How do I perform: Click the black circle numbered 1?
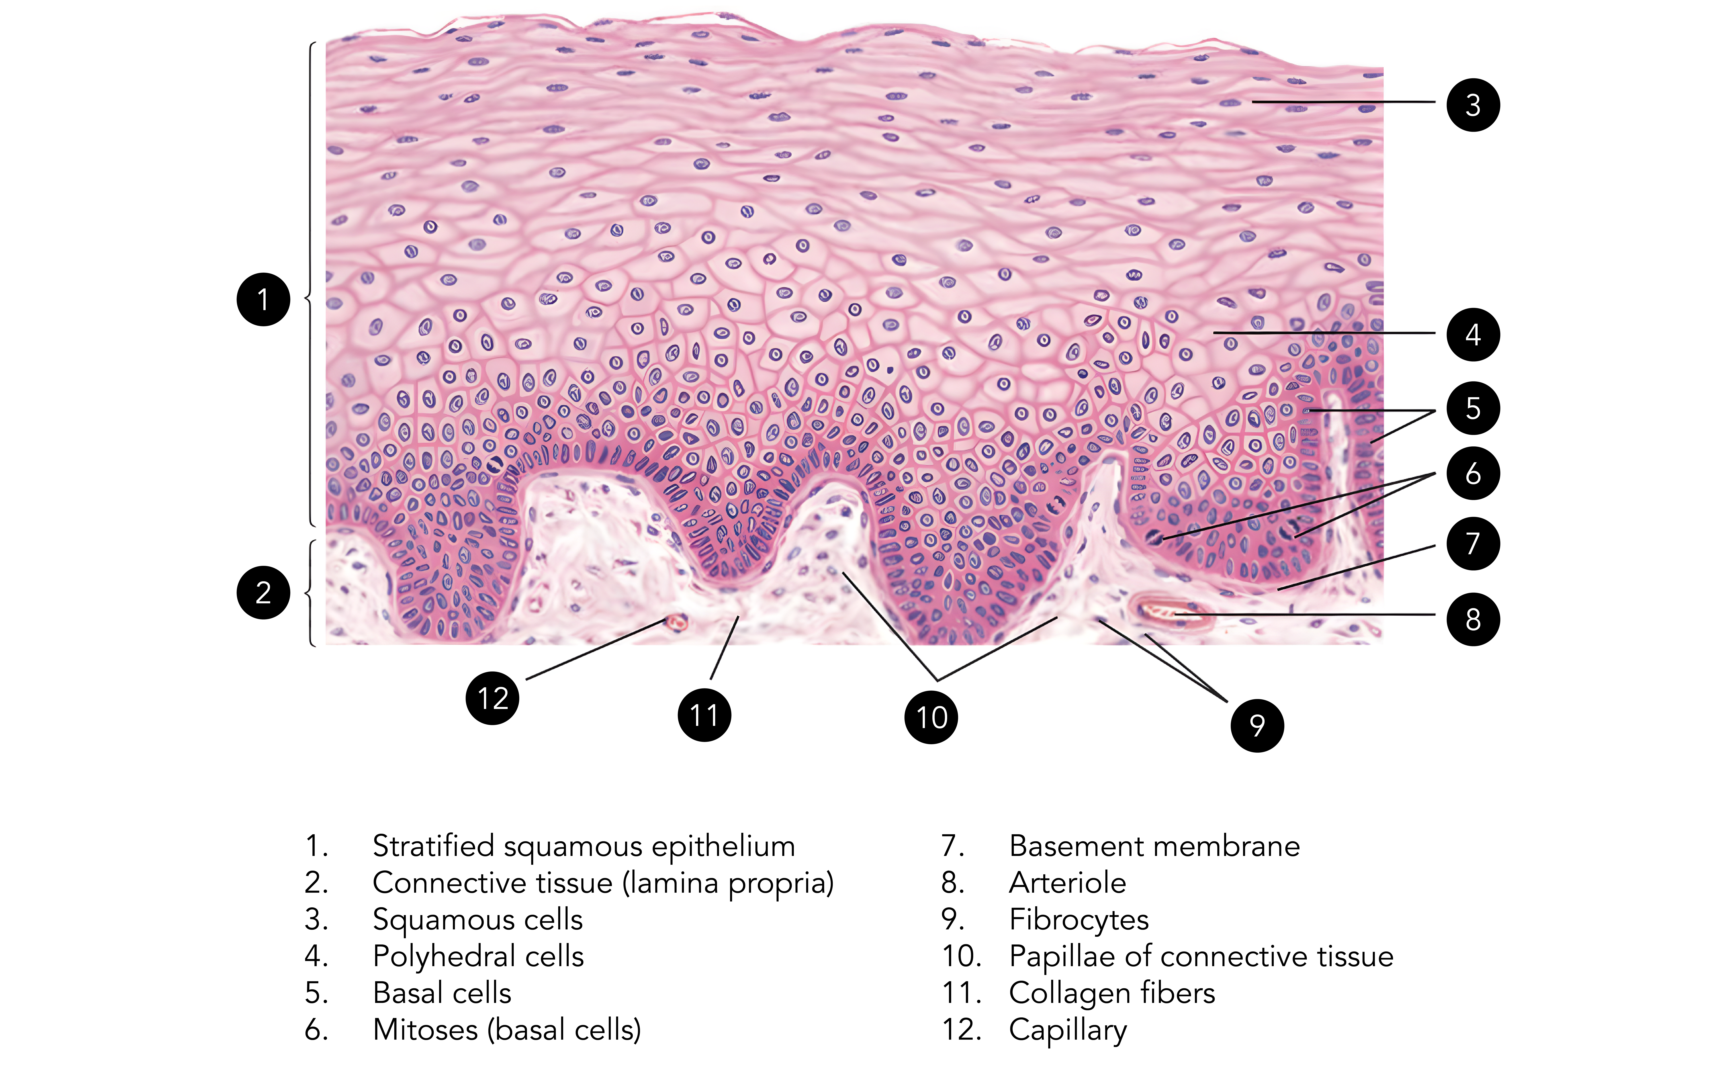click(263, 299)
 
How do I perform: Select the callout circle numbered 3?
click(1473, 105)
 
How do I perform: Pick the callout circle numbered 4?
click(1473, 335)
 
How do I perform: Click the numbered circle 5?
click(1473, 408)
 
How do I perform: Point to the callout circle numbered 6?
click(1473, 473)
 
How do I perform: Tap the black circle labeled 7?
click(1473, 543)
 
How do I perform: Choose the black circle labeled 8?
click(1473, 619)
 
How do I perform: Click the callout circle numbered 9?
click(1256, 725)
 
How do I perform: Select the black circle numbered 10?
click(931, 717)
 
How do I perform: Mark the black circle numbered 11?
click(704, 715)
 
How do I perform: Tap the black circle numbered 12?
click(493, 698)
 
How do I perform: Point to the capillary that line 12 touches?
click(676, 622)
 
